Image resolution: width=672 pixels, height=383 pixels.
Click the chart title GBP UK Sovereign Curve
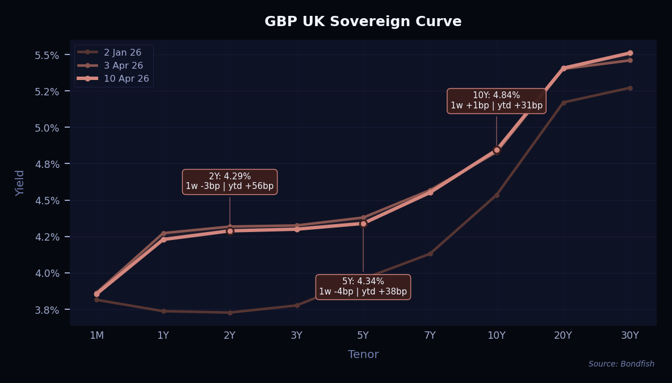pos(363,22)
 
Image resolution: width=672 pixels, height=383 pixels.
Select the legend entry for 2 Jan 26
pos(122,52)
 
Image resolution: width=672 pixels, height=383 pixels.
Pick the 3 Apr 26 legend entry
pos(123,65)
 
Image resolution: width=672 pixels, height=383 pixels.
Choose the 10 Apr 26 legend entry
pos(126,78)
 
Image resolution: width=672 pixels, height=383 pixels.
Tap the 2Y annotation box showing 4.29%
pos(229,182)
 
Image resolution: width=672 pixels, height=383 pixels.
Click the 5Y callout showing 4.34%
pos(363,287)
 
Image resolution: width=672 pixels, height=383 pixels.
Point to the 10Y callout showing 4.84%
pos(497,100)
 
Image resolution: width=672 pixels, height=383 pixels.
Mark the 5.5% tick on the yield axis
pos(47,55)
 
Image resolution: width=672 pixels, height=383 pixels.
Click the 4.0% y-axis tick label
pos(47,273)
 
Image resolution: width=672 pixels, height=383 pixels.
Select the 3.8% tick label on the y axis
pos(47,310)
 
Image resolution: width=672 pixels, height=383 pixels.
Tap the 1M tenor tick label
pos(96,335)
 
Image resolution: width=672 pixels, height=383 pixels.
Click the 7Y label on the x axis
pos(430,335)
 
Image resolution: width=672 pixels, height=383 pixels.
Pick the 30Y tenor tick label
pos(629,335)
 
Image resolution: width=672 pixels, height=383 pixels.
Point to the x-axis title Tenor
pos(363,355)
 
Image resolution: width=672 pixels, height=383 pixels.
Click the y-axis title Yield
pos(20,183)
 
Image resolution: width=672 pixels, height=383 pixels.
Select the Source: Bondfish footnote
pos(621,364)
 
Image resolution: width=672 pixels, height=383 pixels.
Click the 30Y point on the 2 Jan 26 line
pos(630,88)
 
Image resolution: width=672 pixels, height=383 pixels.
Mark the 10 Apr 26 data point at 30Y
pos(630,53)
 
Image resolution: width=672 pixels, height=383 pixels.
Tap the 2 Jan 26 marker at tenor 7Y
pos(430,254)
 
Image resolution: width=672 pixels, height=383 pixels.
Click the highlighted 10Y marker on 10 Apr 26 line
pos(497,150)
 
